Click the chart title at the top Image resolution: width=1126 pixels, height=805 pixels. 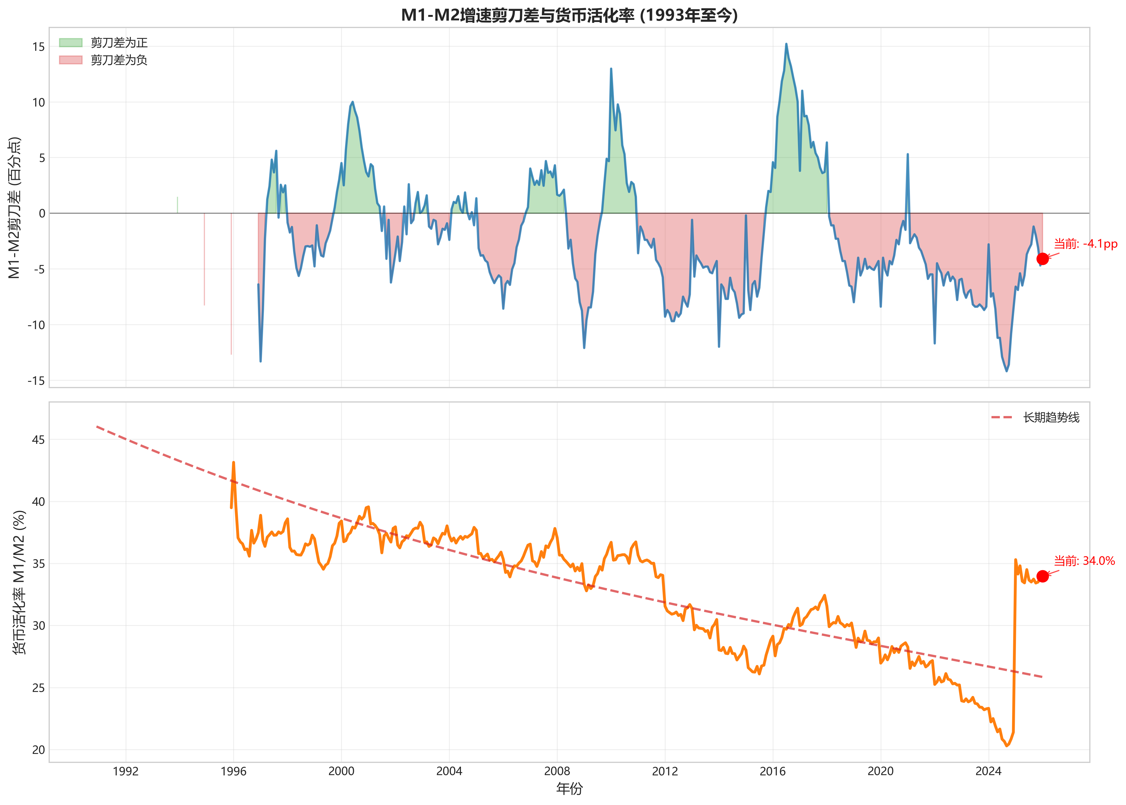[x=569, y=15]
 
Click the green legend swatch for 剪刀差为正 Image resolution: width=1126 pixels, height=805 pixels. [x=70, y=43]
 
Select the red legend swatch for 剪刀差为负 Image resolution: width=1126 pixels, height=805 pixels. [x=70, y=60]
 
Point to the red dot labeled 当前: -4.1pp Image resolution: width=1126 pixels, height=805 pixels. [x=1042, y=259]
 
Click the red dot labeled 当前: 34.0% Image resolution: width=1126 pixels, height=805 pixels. [x=1042, y=576]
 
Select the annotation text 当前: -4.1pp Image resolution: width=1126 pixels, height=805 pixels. [x=1085, y=244]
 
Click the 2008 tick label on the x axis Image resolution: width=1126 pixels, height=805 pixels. [x=557, y=771]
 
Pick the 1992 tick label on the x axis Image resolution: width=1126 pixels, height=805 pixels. [x=126, y=771]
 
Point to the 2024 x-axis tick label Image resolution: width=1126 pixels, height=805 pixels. [x=988, y=771]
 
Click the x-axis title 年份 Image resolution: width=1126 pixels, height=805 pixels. [x=569, y=789]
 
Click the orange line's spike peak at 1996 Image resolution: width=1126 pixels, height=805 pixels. [x=233, y=463]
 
